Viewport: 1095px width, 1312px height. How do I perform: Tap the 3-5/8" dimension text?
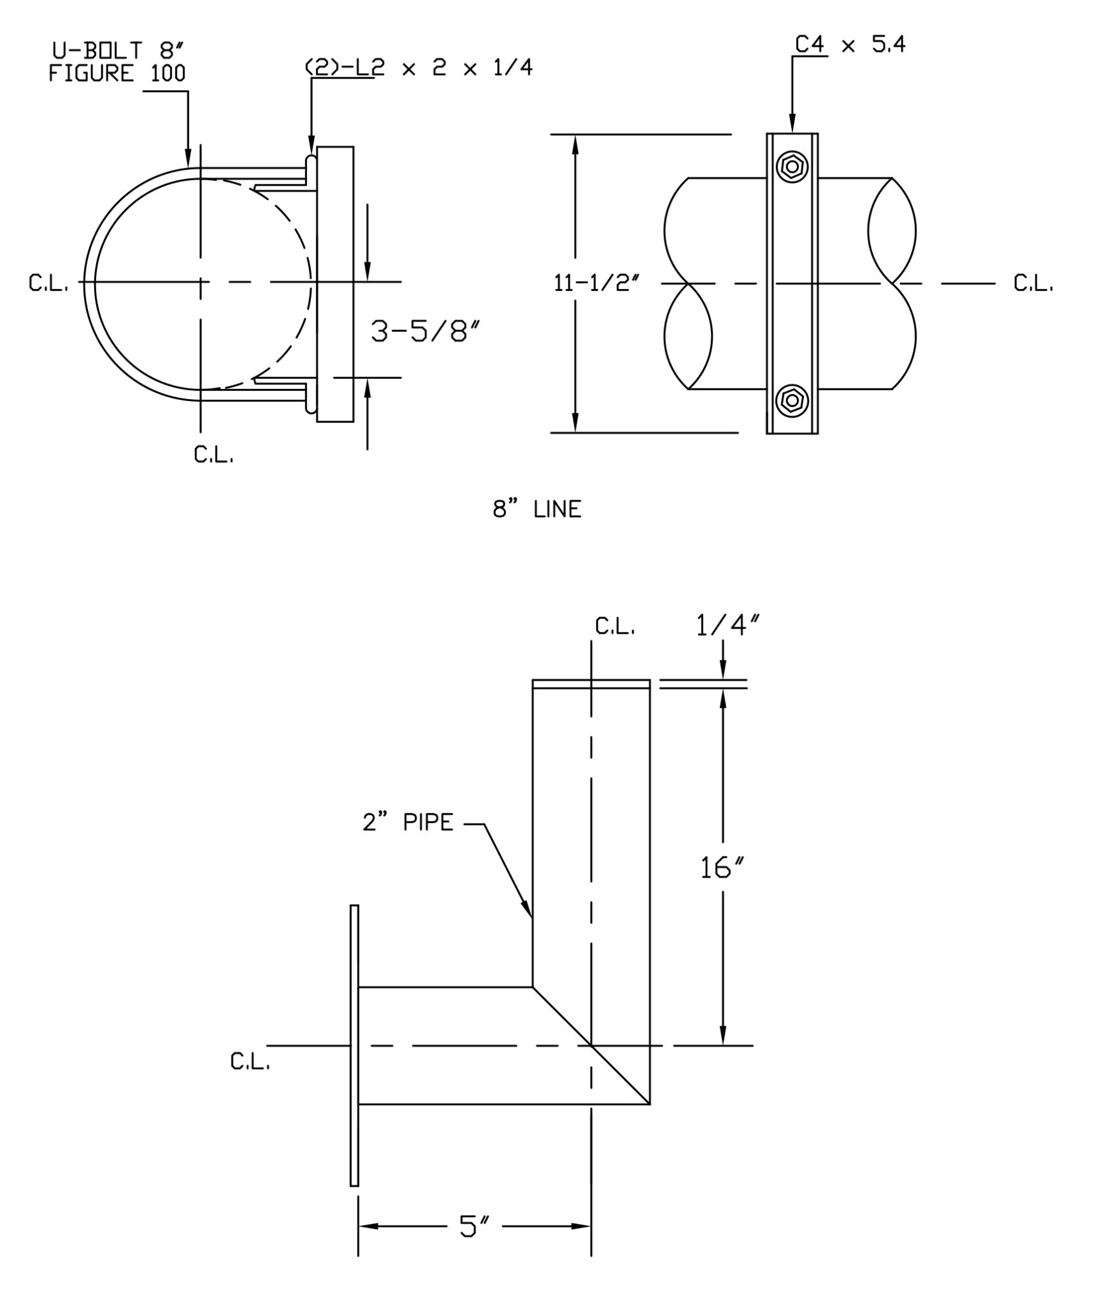426,332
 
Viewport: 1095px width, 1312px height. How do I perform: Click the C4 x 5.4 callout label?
850,44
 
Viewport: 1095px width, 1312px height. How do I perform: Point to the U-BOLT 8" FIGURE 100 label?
117,62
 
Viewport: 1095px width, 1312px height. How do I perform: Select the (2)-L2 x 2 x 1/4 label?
419,68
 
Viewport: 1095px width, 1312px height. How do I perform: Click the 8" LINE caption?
537,509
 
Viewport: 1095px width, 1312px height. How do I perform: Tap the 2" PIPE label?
408,822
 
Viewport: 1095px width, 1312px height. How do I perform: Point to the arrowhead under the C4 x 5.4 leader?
792,125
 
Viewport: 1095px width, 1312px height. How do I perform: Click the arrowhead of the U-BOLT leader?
188,160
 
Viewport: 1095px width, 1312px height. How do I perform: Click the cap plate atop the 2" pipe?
591,684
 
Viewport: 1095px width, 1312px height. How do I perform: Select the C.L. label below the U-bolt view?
214,455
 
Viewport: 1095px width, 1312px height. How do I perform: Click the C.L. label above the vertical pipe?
615,627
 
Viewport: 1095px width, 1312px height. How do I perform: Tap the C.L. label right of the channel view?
1033,284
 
